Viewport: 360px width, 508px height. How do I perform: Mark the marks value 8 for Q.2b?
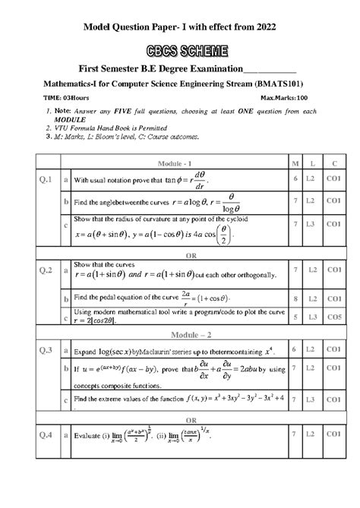(x=294, y=299)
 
